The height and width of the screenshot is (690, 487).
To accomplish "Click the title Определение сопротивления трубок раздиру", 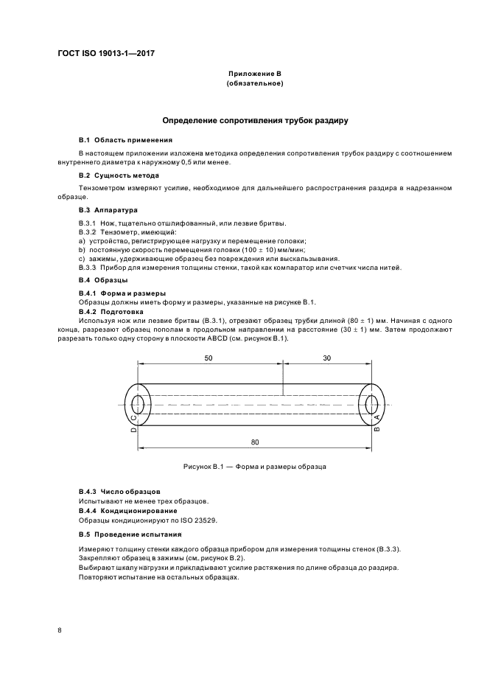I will click(x=255, y=120).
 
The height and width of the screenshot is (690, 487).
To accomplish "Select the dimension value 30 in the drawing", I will click(x=326, y=357).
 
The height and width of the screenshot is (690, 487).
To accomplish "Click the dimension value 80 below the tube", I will click(x=253, y=440).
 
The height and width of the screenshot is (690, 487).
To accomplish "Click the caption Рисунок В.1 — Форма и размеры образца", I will click(x=255, y=467).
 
